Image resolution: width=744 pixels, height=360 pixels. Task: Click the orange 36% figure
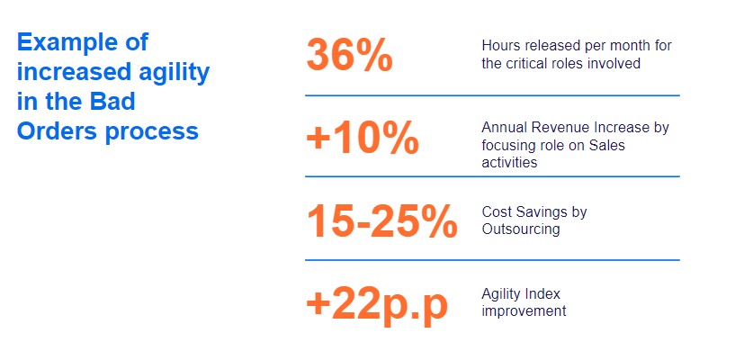click(350, 55)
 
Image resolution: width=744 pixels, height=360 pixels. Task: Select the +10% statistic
click(363, 139)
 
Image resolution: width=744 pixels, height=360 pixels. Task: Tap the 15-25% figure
click(382, 220)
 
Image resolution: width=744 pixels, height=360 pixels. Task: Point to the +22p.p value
click(377, 306)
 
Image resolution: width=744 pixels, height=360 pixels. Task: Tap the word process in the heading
click(152, 132)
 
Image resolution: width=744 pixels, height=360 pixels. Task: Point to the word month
click(625, 46)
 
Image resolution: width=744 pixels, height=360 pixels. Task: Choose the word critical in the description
click(529, 63)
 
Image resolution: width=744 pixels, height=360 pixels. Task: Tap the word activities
click(509, 162)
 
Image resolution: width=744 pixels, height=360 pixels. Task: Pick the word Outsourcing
click(521, 229)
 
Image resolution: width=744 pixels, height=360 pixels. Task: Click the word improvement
click(524, 311)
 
